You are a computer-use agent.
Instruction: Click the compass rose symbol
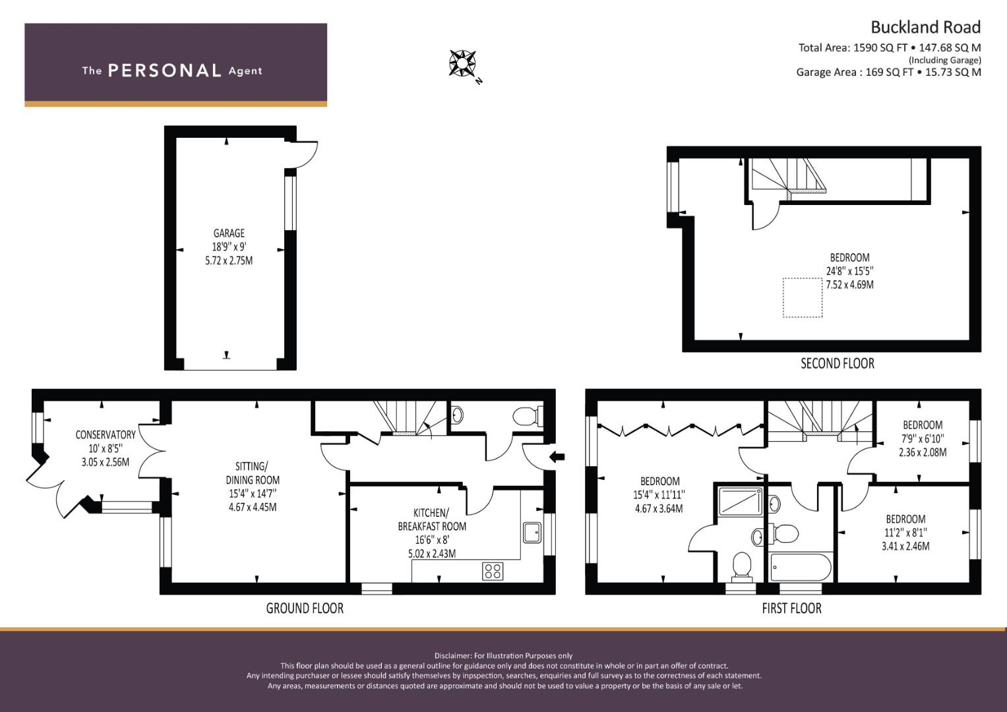(462, 63)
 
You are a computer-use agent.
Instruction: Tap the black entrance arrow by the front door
(557, 457)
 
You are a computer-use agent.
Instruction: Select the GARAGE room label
(229, 233)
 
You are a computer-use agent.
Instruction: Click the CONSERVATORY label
(106, 434)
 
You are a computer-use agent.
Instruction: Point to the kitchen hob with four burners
(493, 571)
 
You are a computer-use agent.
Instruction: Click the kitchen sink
(532, 533)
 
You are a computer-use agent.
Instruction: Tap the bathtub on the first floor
(800, 567)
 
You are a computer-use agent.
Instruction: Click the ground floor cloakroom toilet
(528, 416)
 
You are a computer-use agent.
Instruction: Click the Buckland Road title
(926, 28)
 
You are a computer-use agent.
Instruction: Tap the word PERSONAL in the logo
(165, 71)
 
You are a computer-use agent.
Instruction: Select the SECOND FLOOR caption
(838, 363)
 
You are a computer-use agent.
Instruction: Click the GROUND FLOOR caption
(305, 608)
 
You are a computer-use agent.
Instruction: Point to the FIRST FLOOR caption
(791, 608)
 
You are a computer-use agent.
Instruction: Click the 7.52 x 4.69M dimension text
(849, 285)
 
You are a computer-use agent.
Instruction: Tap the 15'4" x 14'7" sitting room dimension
(253, 494)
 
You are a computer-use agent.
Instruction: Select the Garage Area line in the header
(889, 72)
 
